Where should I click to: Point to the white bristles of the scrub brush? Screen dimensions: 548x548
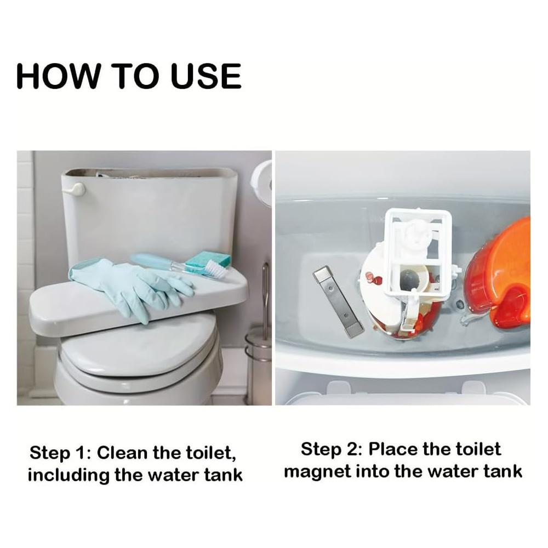coord(215,269)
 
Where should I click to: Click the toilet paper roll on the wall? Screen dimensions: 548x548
coord(262,181)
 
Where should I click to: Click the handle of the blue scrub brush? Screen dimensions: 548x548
coord(153,261)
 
